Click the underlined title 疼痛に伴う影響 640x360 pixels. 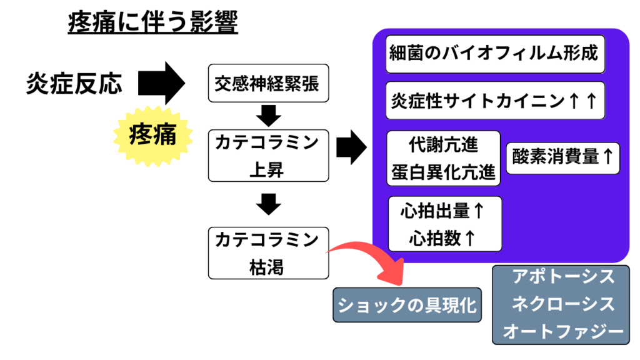click(x=152, y=22)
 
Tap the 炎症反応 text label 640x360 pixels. click(x=74, y=84)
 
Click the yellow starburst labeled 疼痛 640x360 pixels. click(x=153, y=136)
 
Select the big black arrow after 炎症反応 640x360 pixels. click(x=162, y=83)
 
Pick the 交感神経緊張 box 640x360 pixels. click(x=268, y=83)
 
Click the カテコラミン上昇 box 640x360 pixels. click(x=268, y=156)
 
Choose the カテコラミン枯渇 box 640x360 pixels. click(x=268, y=253)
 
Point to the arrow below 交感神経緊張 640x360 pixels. click(x=269, y=116)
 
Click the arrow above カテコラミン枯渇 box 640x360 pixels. click(x=269, y=204)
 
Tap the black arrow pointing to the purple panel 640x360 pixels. click(x=351, y=147)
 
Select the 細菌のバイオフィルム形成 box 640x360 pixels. click(x=495, y=54)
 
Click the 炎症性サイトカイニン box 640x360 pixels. click(x=495, y=101)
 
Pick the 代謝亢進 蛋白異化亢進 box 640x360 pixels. click(x=443, y=158)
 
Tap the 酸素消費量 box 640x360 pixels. click(x=563, y=158)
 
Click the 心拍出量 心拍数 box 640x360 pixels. click(x=445, y=224)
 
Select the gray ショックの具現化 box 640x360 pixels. click(x=407, y=305)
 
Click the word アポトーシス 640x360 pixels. click(x=563, y=277)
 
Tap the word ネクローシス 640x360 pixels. click(x=563, y=304)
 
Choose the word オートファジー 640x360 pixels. click(x=563, y=331)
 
